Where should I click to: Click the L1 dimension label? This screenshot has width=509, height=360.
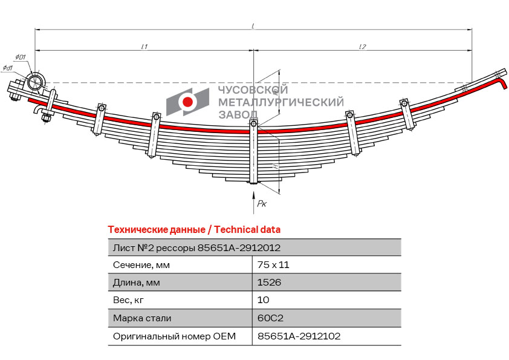(144, 47)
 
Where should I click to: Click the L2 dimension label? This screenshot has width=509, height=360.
(363, 47)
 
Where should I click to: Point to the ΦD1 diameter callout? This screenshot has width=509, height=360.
(21, 57)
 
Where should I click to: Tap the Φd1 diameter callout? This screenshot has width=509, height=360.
(8, 68)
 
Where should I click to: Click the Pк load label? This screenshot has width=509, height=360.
(262, 204)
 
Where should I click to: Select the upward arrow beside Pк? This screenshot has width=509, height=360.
(253, 203)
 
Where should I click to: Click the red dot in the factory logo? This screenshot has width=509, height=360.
(187, 102)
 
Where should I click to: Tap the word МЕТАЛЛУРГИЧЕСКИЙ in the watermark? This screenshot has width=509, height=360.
(280, 102)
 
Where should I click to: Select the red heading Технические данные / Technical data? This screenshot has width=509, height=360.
(194, 230)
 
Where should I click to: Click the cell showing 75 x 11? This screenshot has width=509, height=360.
(273, 265)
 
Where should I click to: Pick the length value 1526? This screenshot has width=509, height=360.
(269, 282)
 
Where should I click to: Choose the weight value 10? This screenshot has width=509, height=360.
(263, 299)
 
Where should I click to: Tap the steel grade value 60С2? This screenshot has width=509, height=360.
(270, 318)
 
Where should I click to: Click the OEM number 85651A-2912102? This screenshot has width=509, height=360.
(299, 336)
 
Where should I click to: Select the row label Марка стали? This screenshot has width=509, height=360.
(142, 318)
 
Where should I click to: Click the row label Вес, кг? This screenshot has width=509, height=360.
(128, 300)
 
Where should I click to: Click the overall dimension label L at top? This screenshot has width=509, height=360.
(253, 25)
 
